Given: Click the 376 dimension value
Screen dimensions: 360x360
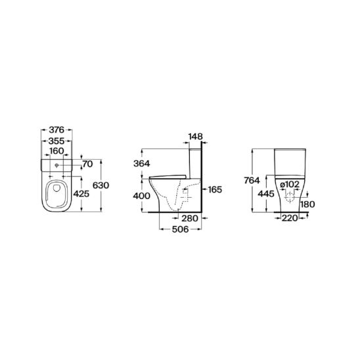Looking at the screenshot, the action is [x=56, y=130].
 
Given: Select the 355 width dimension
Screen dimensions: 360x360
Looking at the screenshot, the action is [x=56, y=141].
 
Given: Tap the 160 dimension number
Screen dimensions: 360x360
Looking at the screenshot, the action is [x=56, y=151].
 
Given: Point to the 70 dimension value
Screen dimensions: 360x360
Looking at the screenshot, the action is [x=87, y=164].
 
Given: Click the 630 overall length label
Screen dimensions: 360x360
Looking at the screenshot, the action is [x=101, y=185].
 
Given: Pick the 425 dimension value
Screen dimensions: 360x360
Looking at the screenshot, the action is [x=81, y=194].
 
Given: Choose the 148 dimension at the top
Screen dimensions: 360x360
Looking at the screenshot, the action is [x=196, y=137].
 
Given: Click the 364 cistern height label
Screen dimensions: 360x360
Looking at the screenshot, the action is [x=142, y=164].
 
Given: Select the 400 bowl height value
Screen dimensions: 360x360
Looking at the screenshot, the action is [x=142, y=196].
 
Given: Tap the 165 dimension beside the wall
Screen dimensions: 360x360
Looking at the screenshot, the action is [x=215, y=190].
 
